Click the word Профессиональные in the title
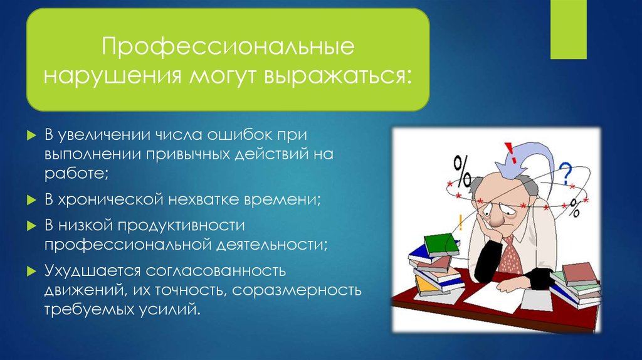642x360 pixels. (228, 46)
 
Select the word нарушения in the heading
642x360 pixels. (112, 77)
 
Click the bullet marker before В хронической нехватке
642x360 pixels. (31, 200)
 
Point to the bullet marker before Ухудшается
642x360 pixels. (31, 271)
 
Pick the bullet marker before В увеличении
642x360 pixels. (31, 135)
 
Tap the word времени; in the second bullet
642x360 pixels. (282, 200)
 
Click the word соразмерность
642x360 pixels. (297, 290)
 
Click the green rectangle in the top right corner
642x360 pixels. (568, 29)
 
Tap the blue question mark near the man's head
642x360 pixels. (566, 173)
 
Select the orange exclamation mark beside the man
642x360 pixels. (461, 223)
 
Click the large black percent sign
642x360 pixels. (462, 172)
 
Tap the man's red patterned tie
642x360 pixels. (510, 255)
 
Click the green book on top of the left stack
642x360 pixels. (441, 245)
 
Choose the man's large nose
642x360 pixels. (497, 219)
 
